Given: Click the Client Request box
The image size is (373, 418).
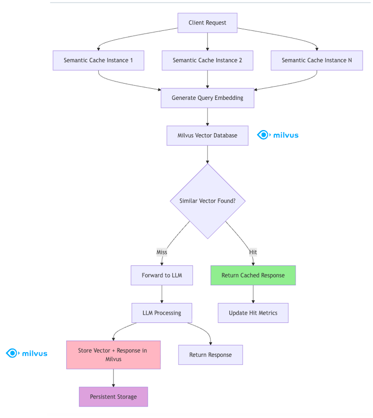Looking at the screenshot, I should click(x=207, y=23).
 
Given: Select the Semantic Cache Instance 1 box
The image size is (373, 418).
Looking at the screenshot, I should click(x=98, y=61).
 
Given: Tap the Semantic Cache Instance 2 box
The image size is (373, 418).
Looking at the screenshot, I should click(x=207, y=61).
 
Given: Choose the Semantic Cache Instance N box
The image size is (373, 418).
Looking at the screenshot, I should click(x=317, y=61).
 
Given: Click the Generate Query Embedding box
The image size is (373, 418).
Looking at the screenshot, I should click(x=207, y=98).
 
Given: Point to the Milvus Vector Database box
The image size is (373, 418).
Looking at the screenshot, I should click(x=207, y=135).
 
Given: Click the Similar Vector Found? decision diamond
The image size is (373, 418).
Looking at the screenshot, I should click(x=207, y=201).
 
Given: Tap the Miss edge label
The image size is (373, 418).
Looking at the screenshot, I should click(x=162, y=252).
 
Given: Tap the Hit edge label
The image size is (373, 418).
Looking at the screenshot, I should click(x=253, y=252).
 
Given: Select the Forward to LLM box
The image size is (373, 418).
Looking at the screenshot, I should click(x=162, y=275).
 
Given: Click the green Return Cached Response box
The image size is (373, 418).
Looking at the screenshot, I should click(x=253, y=275).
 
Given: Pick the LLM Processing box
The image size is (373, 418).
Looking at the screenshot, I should click(x=162, y=313).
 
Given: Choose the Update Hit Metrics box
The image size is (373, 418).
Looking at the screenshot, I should click(x=253, y=313).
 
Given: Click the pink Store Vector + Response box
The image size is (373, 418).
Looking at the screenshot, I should click(x=113, y=355).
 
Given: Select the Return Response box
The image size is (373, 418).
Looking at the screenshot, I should click(x=211, y=355).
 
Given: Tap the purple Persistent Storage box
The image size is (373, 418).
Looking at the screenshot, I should click(x=113, y=397).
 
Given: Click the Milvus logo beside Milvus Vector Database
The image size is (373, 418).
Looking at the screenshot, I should click(x=278, y=135).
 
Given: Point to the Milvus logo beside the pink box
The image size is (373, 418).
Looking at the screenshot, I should click(x=27, y=354).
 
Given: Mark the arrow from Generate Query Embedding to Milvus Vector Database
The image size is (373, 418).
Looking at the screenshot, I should click(x=207, y=117).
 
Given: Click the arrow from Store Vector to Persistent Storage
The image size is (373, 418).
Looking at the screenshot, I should click(x=113, y=378).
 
